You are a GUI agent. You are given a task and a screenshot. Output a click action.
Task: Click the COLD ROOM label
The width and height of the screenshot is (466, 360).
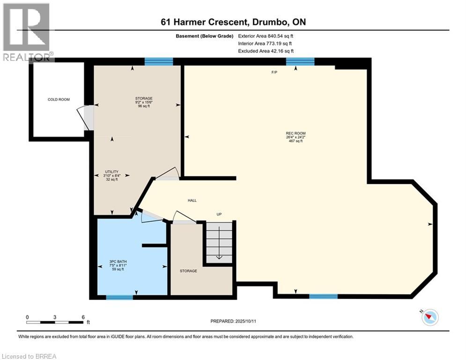pos(59,99)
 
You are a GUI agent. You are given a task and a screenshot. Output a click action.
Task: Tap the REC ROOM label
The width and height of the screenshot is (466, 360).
pos(296,133)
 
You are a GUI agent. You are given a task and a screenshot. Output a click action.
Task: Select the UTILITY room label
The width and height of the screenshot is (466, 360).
pos(111,172)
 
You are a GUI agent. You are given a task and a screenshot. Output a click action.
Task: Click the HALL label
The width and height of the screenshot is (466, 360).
pos(192,200)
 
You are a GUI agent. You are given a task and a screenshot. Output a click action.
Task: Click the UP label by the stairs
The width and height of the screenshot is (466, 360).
pos(219,214)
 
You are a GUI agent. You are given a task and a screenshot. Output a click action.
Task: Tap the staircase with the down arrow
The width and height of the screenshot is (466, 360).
pos(219,242)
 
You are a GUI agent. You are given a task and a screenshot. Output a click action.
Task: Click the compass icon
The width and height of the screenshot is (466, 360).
pos(430,317)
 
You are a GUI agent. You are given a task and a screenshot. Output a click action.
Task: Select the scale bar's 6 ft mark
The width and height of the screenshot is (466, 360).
pos(83,317)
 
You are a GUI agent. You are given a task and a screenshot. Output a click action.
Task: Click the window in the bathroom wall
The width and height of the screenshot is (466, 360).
pos(119,297)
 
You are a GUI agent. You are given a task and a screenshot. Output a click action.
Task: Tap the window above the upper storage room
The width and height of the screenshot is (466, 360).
pos(159,61)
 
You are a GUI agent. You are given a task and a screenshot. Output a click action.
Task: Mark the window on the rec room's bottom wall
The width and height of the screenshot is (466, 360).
pos(323,296)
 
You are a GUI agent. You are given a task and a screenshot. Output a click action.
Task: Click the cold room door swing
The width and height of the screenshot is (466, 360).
pos(86,117)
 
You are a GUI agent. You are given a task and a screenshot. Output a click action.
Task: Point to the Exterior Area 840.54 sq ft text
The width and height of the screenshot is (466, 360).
pos(266,36)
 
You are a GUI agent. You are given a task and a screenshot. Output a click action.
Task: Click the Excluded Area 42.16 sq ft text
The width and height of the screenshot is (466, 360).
pos(266,51)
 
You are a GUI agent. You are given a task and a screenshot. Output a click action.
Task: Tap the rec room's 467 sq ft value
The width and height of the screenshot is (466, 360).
pos(296,141)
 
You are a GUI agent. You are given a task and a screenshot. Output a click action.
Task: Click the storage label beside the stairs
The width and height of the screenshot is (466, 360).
pos(188,271)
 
